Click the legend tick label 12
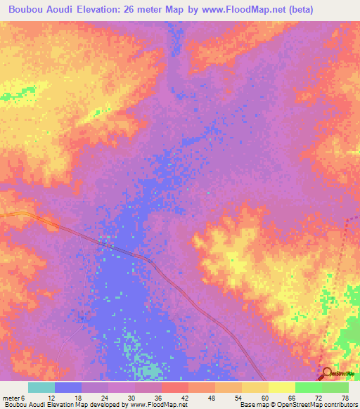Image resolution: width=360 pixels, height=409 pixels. click(52, 398)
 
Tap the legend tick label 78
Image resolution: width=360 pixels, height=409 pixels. click(345, 398)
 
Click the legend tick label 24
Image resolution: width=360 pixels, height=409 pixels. click(104, 398)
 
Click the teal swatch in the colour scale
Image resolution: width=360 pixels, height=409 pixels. click(41, 387)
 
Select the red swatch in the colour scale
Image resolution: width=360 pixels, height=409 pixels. click(174, 387)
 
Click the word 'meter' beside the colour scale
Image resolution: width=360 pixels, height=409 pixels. click(11, 398)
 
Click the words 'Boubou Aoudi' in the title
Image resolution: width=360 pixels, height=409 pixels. click(38, 10)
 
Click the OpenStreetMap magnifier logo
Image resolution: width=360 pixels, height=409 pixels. click(328, 375)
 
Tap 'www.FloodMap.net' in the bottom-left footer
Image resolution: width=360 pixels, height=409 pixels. click(154, 405)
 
